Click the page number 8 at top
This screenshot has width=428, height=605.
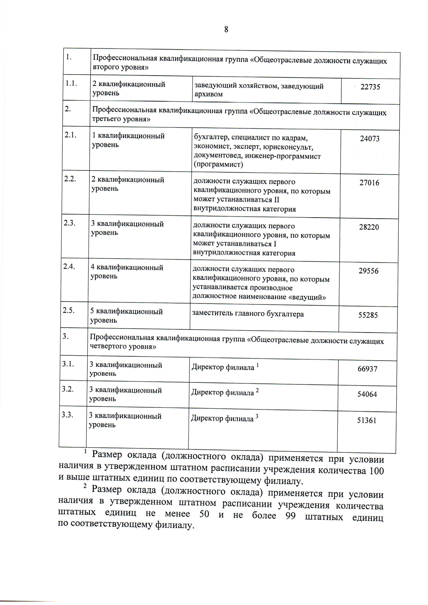click(226, 30)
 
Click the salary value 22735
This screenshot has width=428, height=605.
click(370, 87)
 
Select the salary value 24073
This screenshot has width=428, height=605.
click(370, 139)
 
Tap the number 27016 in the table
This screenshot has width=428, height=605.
click(369, 183)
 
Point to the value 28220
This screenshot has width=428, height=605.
click(369, 227)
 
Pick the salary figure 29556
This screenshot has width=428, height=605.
click(368, 271)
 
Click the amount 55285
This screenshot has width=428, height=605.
click(368, 315)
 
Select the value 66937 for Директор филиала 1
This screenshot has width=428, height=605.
click(367, 369)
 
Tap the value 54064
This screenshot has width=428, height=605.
click(367, 395)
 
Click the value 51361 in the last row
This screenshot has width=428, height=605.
click(367, 421)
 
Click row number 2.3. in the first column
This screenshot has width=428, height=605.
click(69, 223)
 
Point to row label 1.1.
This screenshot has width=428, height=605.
click(71, 83)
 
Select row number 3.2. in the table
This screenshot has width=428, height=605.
click(67, 389)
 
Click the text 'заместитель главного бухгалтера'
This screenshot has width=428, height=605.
click(248, 314)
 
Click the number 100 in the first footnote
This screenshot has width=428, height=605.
click(376, 471)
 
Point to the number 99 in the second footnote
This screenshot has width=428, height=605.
click(290, 517)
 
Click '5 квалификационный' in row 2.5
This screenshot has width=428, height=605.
click(126, 312)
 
